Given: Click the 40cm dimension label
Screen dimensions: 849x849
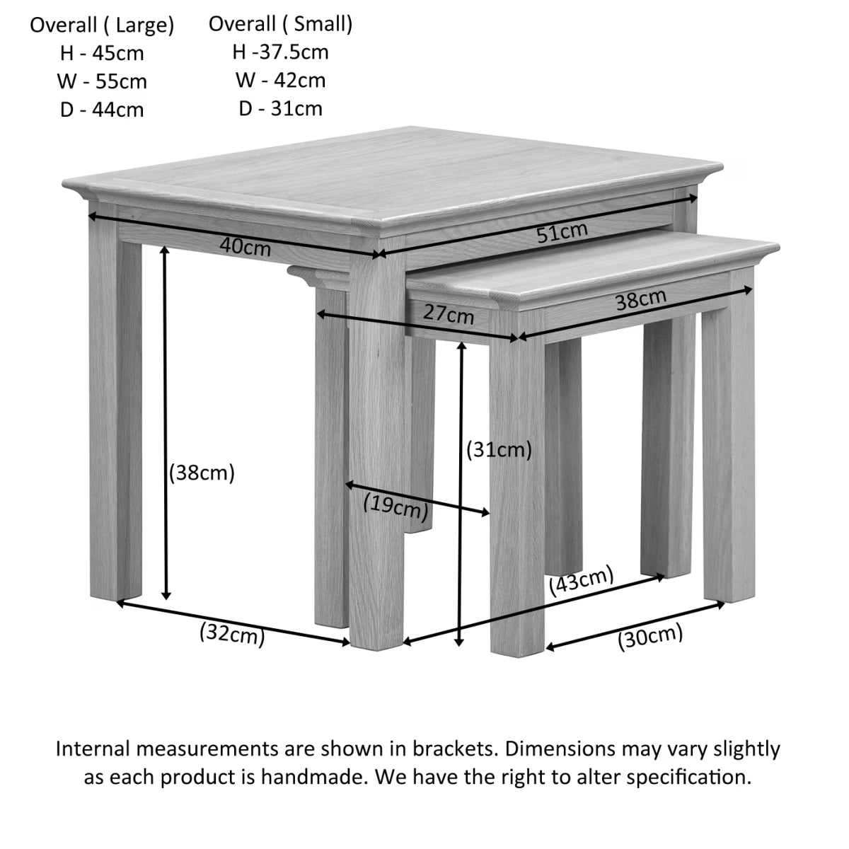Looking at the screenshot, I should [245, 247].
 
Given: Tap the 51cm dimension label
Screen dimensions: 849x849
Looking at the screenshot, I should [562, 232].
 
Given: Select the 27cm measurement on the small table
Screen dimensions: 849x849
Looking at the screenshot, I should [449, 313].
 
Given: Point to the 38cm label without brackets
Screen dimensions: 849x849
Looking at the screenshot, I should [640, 300].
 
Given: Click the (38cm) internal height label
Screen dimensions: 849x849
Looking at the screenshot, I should [202, 473].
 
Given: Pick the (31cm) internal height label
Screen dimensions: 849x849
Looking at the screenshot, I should [499, 449].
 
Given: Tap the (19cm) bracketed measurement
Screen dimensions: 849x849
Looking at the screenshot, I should [395, 506].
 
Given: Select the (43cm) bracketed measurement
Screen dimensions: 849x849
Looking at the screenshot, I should [582, 582].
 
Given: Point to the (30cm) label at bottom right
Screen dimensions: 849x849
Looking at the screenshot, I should [650, 637].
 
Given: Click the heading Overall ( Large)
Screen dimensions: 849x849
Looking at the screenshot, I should [102, 25].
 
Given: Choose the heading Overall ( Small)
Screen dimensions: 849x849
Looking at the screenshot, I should [280, 24].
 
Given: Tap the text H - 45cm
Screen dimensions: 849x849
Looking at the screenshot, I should [102, 53].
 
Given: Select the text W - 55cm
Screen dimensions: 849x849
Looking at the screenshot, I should [102, 81].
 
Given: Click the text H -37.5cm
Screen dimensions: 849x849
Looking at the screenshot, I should [280, 52].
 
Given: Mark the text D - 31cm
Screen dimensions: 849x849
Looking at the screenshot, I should [280, 108].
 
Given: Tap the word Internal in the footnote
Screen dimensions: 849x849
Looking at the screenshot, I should [94, 749].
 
